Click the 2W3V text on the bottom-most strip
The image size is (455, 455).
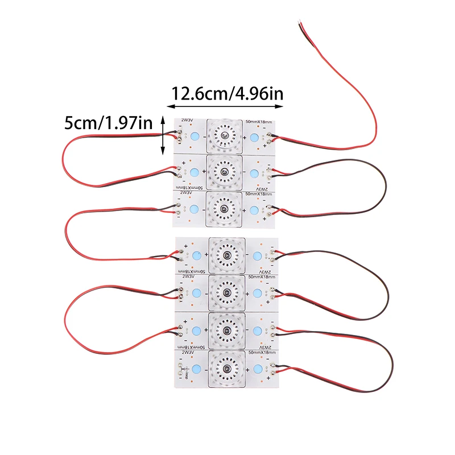click(x=187, y=354)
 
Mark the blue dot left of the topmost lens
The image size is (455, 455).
click(x=195, y=137)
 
